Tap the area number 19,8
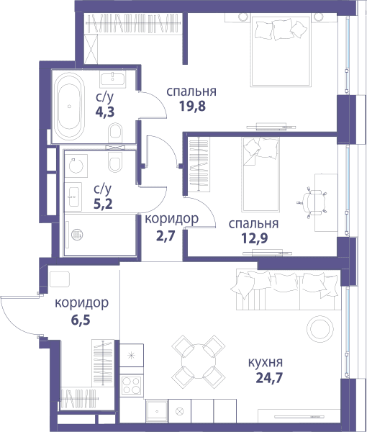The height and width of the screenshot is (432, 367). (x=192, y=106)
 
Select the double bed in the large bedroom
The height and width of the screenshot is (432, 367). (x=280, y=51)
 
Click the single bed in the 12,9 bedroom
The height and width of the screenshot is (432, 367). (x=260, y=174)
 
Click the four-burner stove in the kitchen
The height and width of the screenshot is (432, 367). (x=132, y=385)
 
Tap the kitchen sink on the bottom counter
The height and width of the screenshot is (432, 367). (x=157, y=411)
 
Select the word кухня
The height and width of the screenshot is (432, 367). (x=266, y=362)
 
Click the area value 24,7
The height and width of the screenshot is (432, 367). (x=269, y=378)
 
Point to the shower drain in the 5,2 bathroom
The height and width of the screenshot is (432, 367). (x=77, y=235)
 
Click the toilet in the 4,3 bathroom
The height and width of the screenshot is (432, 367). (x=115, y=132)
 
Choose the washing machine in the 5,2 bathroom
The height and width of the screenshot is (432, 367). (x=76, y=166)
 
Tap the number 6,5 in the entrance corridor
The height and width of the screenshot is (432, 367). (x=81, y=320)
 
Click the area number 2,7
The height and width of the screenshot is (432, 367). (x=166, y=236)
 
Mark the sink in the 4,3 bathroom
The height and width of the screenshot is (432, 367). (x=112, y=79)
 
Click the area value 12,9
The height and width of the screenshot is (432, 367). (x=255, y=238)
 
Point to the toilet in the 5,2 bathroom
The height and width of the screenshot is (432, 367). (x=115, y=161)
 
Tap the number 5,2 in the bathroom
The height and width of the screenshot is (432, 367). (x=103, y=204)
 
